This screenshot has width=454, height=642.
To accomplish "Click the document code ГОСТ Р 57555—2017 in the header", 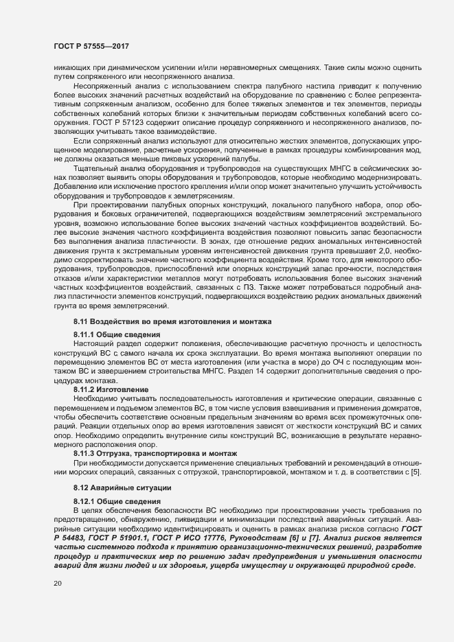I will [x=91, y=45].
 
